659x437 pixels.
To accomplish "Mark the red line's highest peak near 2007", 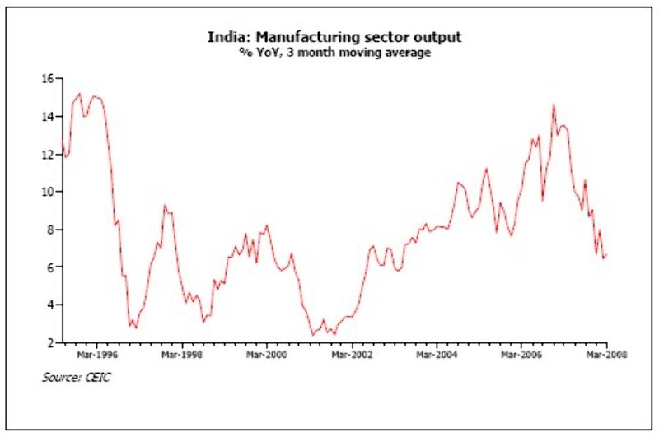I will [x=554, y=105].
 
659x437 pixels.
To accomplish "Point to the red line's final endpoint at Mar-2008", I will [x=607, y=256].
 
